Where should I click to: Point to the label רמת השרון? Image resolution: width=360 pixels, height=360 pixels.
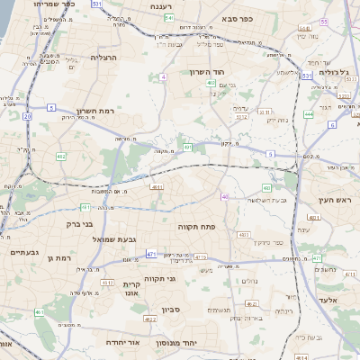tap(95, 111)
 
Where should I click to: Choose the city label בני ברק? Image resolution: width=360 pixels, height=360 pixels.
tap(80, 224)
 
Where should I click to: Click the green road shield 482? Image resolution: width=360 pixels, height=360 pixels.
tap(61, 157)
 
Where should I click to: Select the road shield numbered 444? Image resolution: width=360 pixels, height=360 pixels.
tap(309, 114)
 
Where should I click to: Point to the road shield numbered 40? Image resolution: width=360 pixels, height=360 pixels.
tap(225, 196)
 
